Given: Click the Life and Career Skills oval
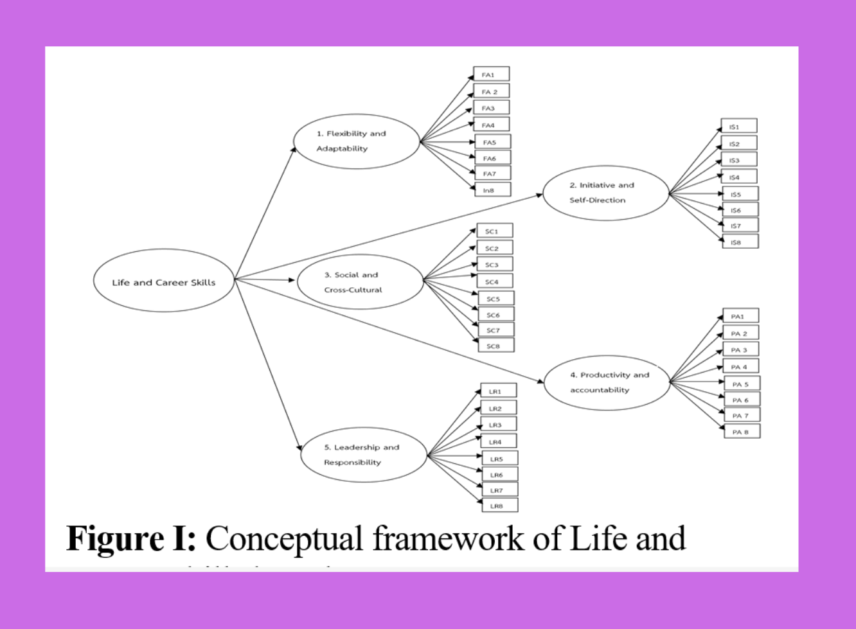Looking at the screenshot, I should coord(164,281).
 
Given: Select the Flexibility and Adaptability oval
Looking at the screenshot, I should coord(356,141).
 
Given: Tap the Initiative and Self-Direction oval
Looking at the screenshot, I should coord(605,193).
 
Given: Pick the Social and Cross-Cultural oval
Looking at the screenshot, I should coord(360,282).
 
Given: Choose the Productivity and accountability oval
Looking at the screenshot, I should coord(607,382).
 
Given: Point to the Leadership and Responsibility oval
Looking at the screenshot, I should coord(364,455).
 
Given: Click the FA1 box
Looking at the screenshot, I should coord(491,74).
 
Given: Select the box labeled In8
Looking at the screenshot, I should coord(493,190).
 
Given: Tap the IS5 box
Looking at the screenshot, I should coord(740,193).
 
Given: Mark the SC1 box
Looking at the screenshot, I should coord(494,231).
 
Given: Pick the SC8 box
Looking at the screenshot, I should coord(495,346).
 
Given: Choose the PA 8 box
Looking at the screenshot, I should coord(742,431).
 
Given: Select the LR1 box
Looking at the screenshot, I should coord(498,391).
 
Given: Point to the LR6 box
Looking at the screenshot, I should coord(499,474).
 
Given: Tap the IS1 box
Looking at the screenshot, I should coord(738,126).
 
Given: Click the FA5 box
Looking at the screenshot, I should coord(493,141).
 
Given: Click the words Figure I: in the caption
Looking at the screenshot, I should coord(131,538).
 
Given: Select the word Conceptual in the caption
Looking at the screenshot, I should coord(284,538).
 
